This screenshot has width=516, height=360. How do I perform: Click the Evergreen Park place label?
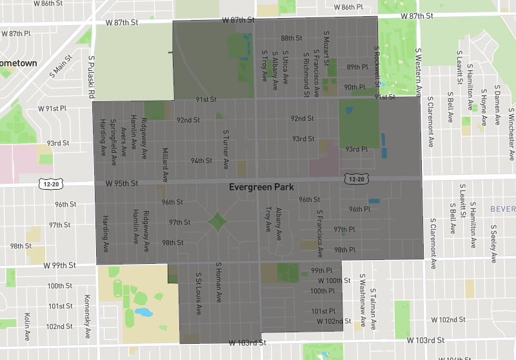click(261, 187)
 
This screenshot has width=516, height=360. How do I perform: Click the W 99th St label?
click(60, 265)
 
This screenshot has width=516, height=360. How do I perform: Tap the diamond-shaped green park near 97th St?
click(217, 222)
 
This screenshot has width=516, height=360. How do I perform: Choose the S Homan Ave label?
click(219, 283)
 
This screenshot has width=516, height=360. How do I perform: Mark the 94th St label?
click(201, 161)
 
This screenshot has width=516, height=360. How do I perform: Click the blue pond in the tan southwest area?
click(144, 313)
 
